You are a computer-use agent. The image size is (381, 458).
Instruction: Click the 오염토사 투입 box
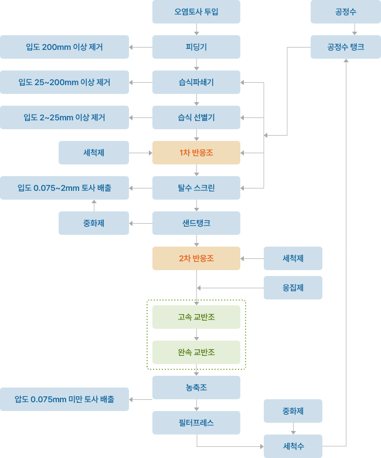[196, 12]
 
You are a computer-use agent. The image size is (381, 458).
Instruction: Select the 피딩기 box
[196, 47]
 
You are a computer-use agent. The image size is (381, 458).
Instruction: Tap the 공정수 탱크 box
[346, 47]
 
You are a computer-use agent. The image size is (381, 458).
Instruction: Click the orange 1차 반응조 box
[196, 153]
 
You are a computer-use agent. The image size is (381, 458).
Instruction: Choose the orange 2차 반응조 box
[196, 258]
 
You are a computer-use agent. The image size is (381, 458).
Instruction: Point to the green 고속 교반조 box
[196, 317]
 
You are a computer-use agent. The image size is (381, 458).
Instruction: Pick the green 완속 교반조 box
[196, 352]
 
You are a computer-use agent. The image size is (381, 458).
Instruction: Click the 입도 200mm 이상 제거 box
[64, 47]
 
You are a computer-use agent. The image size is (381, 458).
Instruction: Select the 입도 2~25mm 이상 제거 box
[64, 117]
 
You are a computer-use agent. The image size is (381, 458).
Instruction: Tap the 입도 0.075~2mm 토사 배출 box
[64, 188]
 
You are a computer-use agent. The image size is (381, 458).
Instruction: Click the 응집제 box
[293, 288]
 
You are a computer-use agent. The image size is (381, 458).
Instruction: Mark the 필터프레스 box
[196, 423]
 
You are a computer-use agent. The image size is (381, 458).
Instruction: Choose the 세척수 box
[293, 446]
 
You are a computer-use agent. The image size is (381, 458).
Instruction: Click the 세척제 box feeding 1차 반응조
[94, 153]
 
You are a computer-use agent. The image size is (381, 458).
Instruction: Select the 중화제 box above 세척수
[293, 411]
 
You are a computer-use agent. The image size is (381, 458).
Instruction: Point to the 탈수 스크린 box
[196, 188]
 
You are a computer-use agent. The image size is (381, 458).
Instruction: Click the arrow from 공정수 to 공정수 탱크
[355, 29]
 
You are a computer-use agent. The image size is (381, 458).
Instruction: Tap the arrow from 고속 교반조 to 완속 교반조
[196, 335]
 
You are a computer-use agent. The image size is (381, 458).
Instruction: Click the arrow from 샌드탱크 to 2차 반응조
[196, 241]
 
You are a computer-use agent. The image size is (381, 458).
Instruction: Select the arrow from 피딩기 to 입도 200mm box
[141, 47]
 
